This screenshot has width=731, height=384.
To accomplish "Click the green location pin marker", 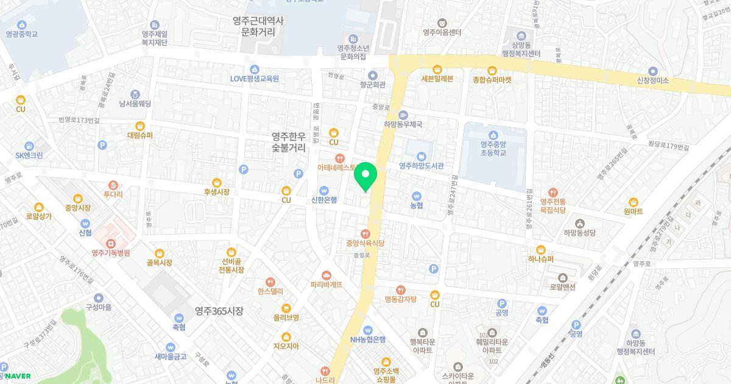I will click(x=365, y=177).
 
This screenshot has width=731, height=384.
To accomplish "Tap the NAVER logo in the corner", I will click(x=18, y=376).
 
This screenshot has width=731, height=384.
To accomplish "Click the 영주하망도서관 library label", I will click(x=421, y=165).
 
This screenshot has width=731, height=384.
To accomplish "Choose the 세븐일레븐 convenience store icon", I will click(x=437, y=69).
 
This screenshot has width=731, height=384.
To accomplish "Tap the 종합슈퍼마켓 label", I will click(x=492, y=80).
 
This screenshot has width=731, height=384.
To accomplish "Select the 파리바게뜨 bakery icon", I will click(x=327, y=274).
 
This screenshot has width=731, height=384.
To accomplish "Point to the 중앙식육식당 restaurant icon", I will click(x=365, y=233).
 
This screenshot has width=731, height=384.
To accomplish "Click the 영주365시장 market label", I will click(x=219, y=311).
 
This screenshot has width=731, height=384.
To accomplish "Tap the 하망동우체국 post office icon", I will click(x=403, y=115).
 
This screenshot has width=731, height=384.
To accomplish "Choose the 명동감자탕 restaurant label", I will click(x=400, y=299).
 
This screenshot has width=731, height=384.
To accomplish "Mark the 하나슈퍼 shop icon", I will click(x=540, y=249).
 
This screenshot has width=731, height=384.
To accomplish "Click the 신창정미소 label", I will click(x=652, y=80).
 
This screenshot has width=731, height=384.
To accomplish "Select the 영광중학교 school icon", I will click(x=22, y=24).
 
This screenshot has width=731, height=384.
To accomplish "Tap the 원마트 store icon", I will click(x=634, y=202).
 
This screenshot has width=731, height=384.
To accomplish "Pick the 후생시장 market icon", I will click(x=216, y=182).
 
